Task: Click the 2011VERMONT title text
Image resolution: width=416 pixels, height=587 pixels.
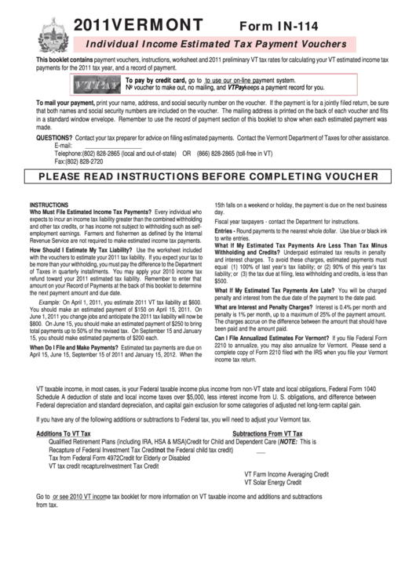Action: click(x=137, y=24)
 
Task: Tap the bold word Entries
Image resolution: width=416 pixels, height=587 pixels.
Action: click(x=224, y=231)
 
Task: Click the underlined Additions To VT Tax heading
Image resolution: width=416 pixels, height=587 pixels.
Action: click(x=64, y=433)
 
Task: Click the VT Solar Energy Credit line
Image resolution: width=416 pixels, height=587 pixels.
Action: click(x=272, y=482)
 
